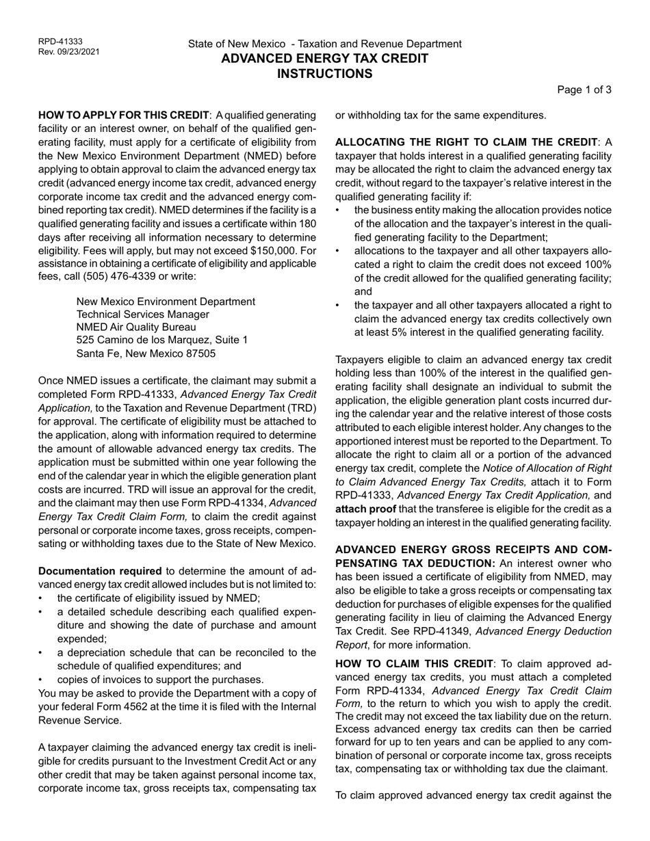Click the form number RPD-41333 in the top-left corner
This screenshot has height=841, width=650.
pos(60,42)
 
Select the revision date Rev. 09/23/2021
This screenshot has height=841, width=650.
pos(68,52)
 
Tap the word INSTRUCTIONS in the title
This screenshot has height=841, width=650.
pos(324,74)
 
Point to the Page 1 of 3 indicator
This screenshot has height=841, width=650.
pos(584,90)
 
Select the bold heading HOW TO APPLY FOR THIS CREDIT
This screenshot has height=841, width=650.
pos(124,115)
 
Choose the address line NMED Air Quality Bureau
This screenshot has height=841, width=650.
pos(136,328)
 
